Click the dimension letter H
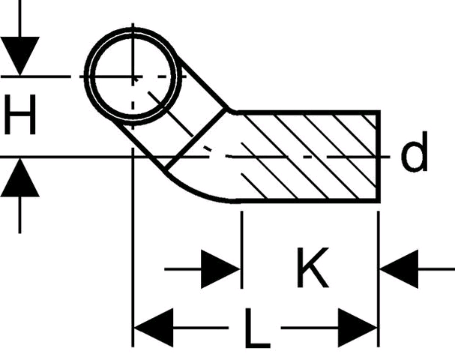[x=20, y=115]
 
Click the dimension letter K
[x=313, y=268]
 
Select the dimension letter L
[x=257, y=328]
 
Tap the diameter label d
[x=414, y=151]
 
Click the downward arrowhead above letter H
[x=19, y=56]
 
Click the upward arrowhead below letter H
[x=19, y=178]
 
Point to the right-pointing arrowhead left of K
[x=220, y=269]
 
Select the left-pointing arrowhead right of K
[x=399, y=269]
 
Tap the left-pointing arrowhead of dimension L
[x=153, y=328]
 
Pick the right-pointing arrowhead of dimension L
[x=358, y=328]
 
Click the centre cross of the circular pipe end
[x=133, y=77]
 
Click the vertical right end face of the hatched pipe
[x=378, y=156]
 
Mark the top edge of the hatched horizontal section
[x=307, y=112]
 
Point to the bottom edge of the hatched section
[x=307, y=200]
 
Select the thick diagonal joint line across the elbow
[x=196, y=139]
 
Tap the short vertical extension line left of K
[x=241, y=250]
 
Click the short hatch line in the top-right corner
[x=370, y=122]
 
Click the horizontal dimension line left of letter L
[x=201, y=328]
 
